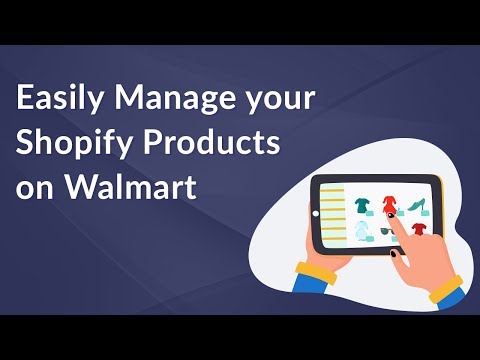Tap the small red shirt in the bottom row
coord(418,232)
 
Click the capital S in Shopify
coord(26,144)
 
